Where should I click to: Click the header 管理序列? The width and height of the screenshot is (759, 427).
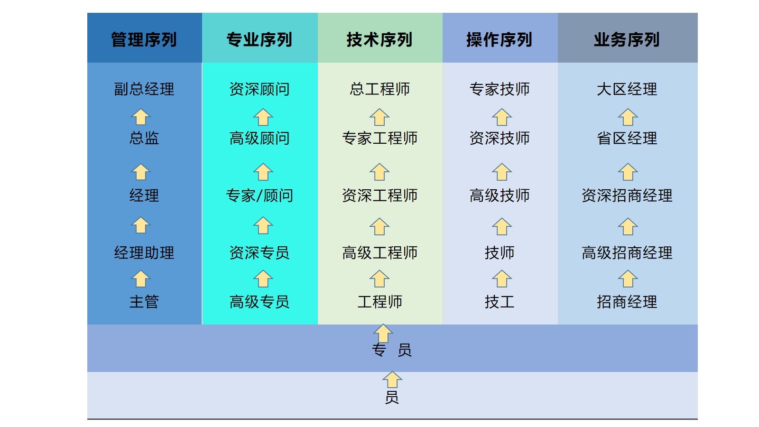click(x=144, y=39)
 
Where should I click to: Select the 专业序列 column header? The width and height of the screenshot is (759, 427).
click(x=259, y=39)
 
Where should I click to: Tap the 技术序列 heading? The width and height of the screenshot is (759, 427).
click(x=379, y=39)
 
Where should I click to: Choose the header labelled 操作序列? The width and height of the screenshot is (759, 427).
click(x=499, y=39)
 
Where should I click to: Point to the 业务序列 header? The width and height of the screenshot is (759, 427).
click(x=627, y=39)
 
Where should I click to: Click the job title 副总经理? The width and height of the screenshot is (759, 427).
click(x=144, y=89)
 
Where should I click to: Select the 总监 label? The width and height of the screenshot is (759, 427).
click(x=144, y=138)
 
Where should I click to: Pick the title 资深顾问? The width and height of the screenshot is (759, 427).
click(x=259, y=89)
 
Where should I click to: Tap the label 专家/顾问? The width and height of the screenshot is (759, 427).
click(x=259, y=195)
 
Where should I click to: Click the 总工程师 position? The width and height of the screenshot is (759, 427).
click(x=379, y=89)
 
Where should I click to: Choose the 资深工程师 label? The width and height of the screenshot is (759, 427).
click(x=379, y=195)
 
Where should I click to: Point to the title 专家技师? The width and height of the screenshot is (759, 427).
click(x=499, y=89)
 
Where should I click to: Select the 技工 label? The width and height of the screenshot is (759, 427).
click(x=499, y=302)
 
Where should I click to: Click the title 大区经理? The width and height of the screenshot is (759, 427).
click(x=627, y=89)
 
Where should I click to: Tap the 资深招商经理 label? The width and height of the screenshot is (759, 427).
click(x=627, y=195)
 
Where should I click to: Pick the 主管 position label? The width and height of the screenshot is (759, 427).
click(x=144, y=302)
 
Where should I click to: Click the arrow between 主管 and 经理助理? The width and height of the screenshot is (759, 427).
click(x=141, y=279)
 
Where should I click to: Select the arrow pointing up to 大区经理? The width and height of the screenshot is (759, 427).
click(x=628, y=117)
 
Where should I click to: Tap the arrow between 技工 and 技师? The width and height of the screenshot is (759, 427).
click(x=501, y=279)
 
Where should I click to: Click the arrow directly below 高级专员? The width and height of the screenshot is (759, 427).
click(x=383, y=333)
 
